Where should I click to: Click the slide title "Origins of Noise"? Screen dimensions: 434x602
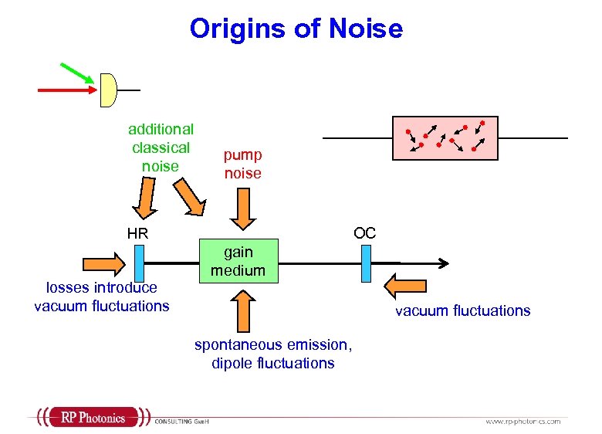[x=296, y=29]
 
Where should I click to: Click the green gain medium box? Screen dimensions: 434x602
[x=238, y=262]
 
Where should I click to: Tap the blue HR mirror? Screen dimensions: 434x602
[x=139, y=263]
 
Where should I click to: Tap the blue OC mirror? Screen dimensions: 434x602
[x=367, y=263]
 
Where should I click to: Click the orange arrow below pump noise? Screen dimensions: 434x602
[x=243, y=209]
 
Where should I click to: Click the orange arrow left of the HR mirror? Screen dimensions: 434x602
[x=95, y=261]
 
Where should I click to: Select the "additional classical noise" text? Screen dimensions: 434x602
[x=161, y=147]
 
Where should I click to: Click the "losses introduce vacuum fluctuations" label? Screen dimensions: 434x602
[x=101, y=297]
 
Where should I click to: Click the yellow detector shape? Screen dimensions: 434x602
[x=108, y=90]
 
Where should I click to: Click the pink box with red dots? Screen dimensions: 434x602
[x=445, y=137]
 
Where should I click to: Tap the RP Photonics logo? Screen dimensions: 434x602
[x=93, y=418]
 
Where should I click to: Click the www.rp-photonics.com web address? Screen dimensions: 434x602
[x=523, y=421]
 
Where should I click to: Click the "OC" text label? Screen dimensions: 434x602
[x=364, y=232]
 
